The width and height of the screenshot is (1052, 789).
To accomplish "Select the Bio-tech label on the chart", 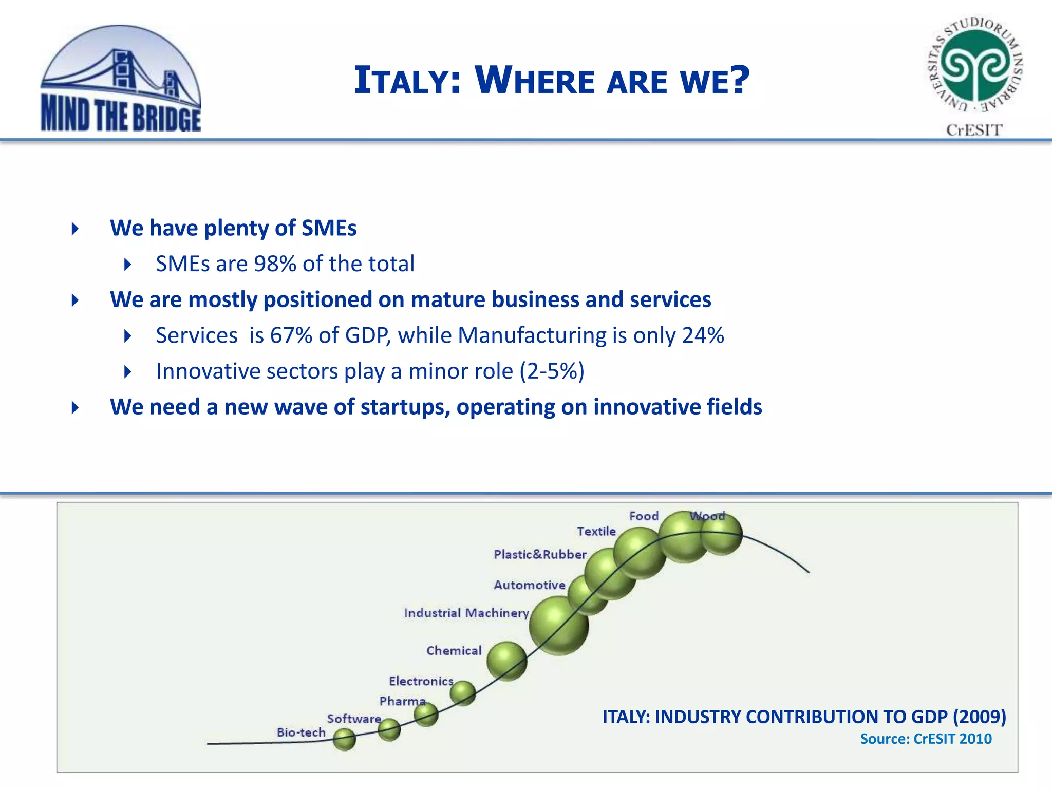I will [x=301, y=732].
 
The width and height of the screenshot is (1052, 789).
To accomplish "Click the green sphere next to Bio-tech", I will [x=344, y=739].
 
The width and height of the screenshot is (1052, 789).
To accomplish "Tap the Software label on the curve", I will [x=354, y=718].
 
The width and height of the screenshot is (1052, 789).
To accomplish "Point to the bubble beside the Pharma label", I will [x=426, y=715].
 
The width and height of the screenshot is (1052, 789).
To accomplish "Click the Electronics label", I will [x=421, y=681].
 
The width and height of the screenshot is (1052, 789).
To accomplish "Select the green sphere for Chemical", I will [x=506, y=661].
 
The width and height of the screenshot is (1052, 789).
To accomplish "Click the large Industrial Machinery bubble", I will [x=559, y=626].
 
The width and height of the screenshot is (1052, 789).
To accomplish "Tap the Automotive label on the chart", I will [x=529, y=585].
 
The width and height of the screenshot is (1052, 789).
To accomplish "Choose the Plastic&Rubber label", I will [x=540, y=554].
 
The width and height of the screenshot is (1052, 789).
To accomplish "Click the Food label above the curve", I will [x=643, y=516].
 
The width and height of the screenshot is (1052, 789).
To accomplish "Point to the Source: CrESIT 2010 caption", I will [x=926, y=739].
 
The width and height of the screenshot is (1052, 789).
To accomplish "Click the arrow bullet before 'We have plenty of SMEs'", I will [x=76, y=229].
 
